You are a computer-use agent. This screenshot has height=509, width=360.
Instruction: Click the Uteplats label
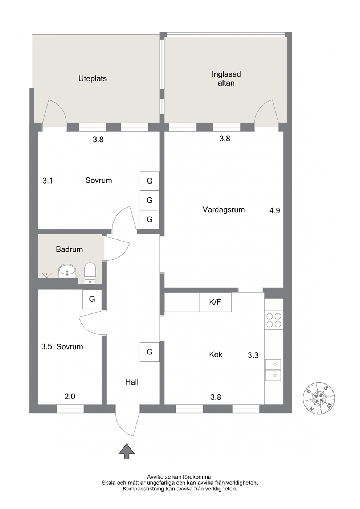pos(93,79)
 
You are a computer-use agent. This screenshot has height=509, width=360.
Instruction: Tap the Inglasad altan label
pos(226,79)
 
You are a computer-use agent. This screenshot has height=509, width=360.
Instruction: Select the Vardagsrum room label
pos(224,209)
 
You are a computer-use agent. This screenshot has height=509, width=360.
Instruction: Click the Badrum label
pos(69,250)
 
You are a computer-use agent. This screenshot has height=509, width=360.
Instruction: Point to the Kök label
pos(216,354)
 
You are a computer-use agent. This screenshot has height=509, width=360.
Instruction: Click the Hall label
pos(132,382)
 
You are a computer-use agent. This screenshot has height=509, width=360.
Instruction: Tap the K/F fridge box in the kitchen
pos(215,302)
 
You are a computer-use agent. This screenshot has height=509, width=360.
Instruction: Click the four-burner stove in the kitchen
pos(274,320)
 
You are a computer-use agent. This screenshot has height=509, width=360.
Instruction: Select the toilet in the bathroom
pos(90,273)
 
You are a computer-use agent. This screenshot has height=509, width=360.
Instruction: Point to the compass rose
pos(319,398)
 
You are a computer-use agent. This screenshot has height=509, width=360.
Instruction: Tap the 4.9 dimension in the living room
pos(275,211)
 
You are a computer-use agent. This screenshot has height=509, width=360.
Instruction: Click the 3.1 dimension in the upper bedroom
pos(48,181)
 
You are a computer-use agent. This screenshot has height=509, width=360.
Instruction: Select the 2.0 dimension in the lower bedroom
pos(70,397)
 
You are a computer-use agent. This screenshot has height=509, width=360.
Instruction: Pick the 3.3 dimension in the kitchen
pos(253,355)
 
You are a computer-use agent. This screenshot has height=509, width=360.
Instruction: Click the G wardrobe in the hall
pos(149,352)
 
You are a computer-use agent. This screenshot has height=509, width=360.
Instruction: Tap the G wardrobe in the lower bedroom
pos(92,299)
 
